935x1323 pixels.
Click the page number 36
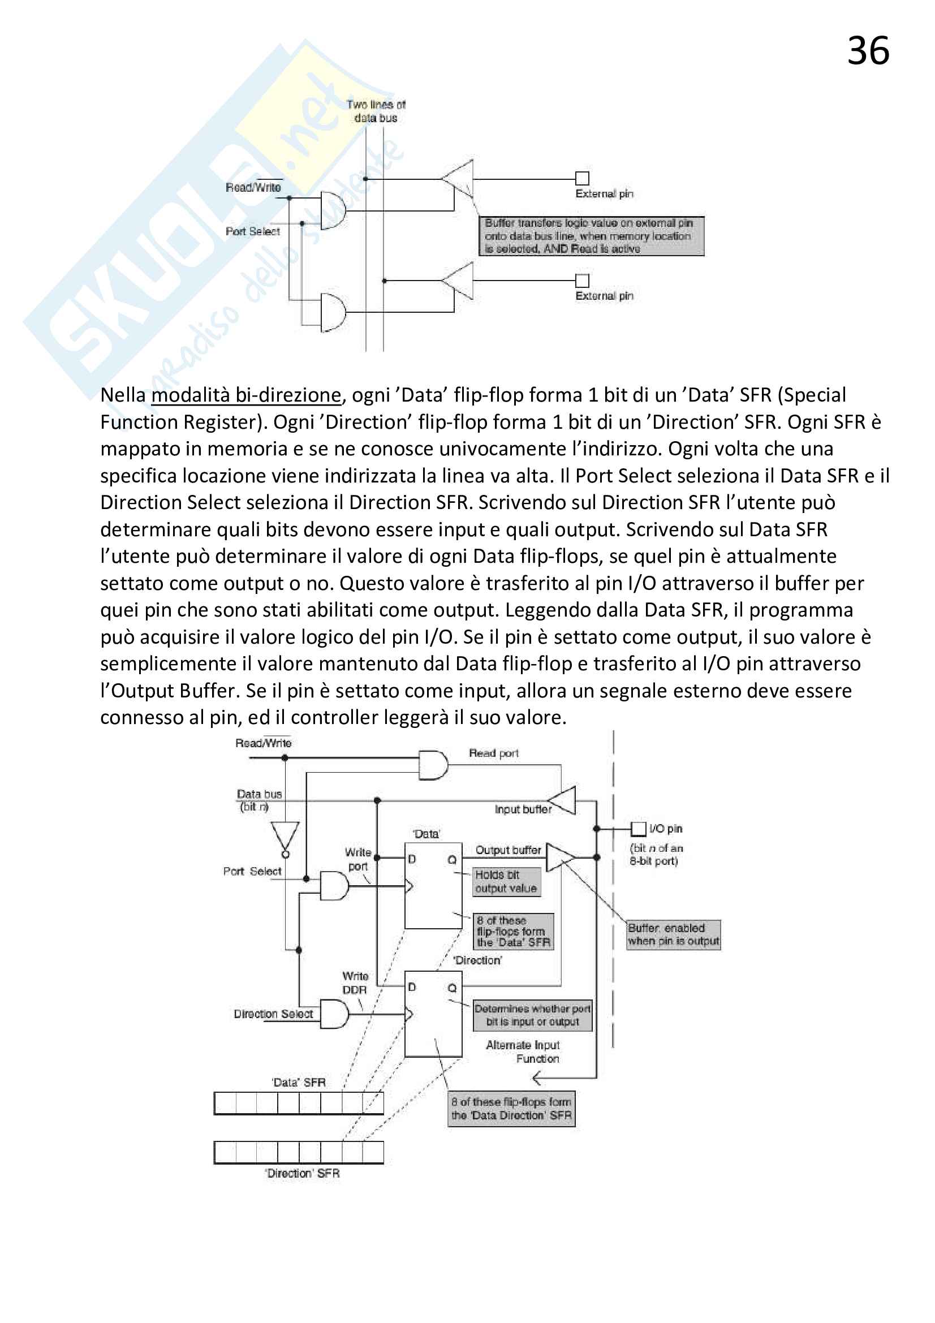coord(868,51)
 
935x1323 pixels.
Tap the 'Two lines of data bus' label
coord(376,111)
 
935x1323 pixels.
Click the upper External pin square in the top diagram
coord(582,178)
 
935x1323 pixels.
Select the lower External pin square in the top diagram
coord(582,281)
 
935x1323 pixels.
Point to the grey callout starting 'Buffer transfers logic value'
coord(591,236)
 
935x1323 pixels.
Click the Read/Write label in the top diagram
coord(253,187)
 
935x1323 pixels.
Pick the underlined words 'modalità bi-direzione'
coord(246,395)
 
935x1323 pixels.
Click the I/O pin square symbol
coord(637,829)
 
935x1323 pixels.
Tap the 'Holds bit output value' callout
coord(506,882)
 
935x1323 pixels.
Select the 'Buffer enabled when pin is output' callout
coord(673,934)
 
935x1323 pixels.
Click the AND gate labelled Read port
coord(433,765)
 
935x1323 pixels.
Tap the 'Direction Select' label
coord(273,1014)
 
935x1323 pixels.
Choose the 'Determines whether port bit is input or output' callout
coord(532,1015)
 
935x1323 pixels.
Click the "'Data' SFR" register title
coord(299,1082)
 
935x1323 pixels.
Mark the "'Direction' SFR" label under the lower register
coord(302,1173)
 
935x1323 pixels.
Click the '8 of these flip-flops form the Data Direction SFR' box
coord(511,1108)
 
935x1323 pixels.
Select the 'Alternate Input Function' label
coord(523,1051)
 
